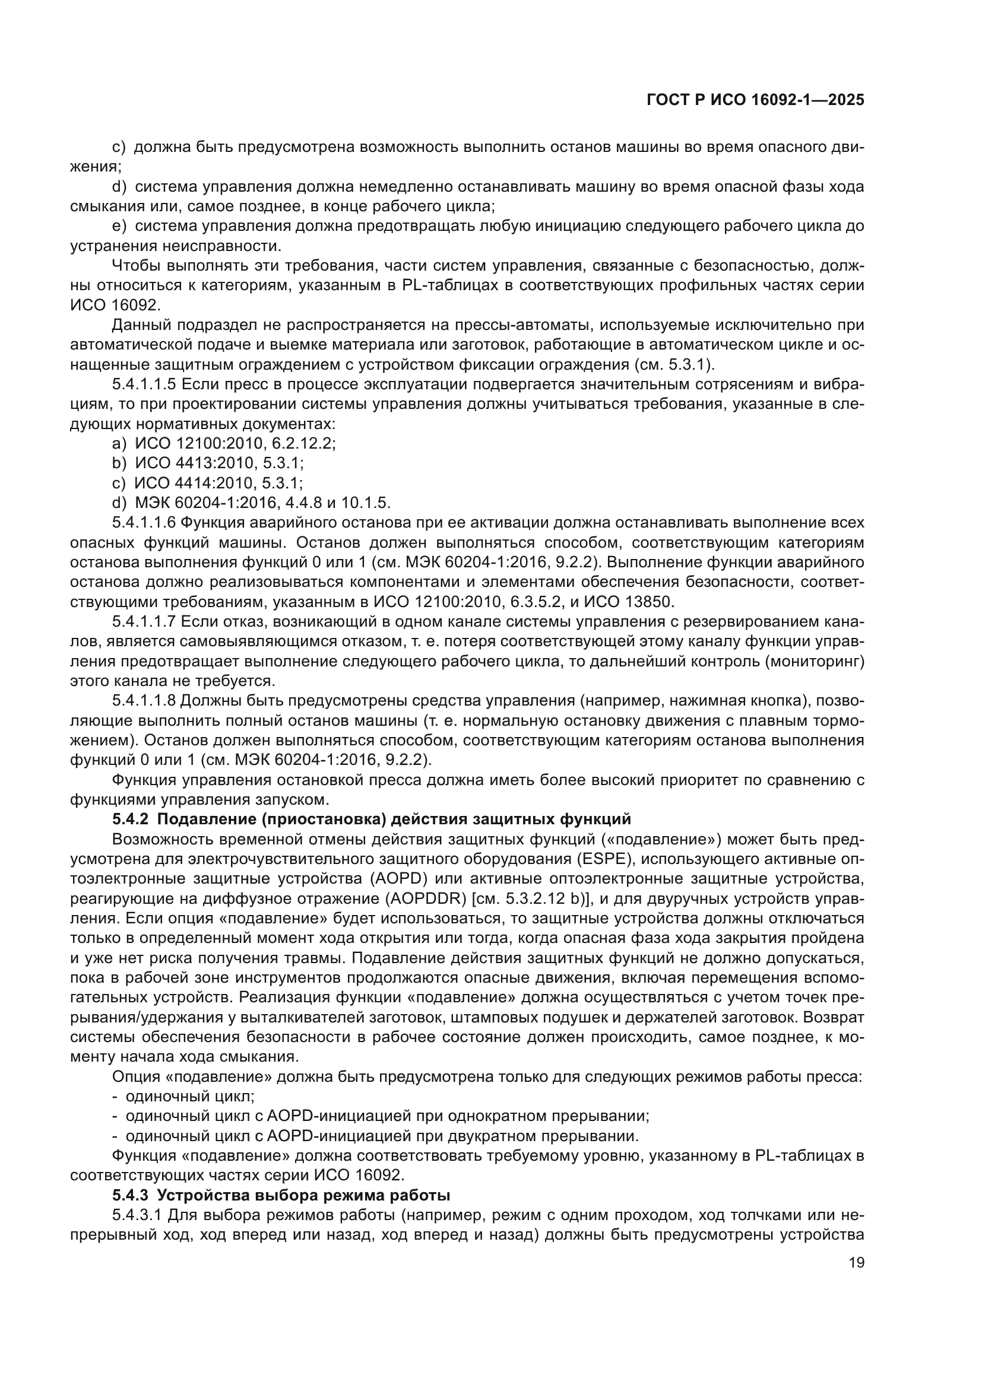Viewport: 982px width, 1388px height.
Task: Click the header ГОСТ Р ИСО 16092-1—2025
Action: point(755,100)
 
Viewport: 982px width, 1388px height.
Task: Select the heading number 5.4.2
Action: point(130,819)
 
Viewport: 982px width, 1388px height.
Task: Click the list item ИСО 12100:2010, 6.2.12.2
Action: point(235,444)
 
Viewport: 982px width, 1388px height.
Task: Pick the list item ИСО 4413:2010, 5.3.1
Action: point(219,463)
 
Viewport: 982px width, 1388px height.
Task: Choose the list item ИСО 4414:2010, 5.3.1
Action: point(218,483)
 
